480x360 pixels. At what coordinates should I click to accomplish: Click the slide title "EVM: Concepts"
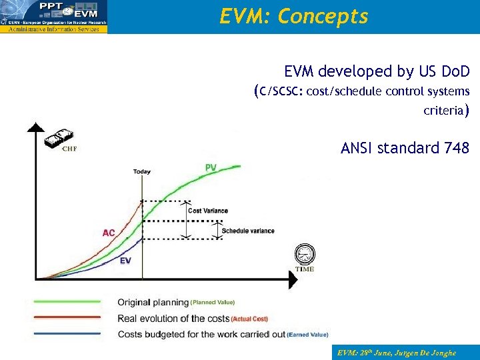pos(293,17)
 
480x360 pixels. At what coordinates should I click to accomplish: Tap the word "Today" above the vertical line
pos(141,171)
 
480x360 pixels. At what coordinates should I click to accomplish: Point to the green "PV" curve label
pos(211,167)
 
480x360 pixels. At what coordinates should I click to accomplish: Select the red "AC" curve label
pos(109,233)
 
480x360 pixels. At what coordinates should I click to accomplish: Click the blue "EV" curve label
pos(125,261)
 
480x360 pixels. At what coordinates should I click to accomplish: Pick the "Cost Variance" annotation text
pos(207,211)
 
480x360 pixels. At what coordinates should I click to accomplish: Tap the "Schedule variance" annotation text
pos(247,231)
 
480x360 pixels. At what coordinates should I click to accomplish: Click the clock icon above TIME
pos(304,255)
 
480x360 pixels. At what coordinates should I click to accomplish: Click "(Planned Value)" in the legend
pos(213,302)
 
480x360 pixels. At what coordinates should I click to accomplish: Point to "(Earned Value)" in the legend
pos(307,335)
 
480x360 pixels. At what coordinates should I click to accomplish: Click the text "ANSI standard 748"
pos(405,147)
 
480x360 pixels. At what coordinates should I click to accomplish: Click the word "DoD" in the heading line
pos(455,71)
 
